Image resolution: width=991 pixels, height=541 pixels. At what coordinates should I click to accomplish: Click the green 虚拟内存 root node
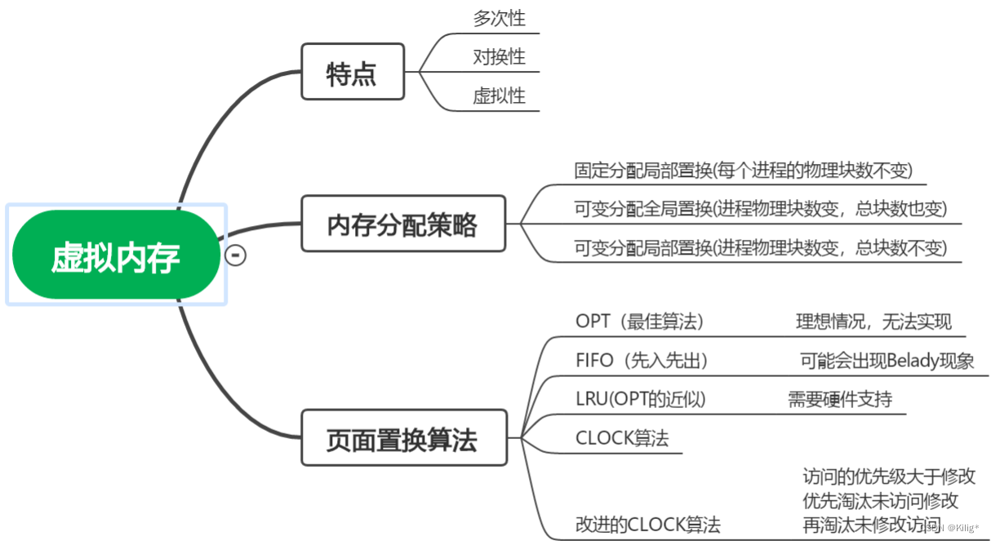[116, 255]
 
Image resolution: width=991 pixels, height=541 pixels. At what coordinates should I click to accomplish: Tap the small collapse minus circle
[235, 255]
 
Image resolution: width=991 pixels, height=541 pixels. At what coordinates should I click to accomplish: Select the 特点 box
[352, 73]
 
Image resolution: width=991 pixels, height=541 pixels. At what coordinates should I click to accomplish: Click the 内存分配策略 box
[402, 224]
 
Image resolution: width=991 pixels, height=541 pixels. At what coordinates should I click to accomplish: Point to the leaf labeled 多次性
[499, 18]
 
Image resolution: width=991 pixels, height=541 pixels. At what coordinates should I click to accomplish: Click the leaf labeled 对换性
[499, 57]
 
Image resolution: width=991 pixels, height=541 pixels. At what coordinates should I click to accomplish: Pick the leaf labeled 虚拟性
[499, 96]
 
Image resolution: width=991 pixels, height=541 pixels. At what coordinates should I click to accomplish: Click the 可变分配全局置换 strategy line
[760, 209]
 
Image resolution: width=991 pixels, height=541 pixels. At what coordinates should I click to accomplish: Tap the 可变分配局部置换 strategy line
[760, 248]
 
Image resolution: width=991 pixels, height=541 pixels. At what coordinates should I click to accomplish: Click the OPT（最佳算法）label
[639, 321]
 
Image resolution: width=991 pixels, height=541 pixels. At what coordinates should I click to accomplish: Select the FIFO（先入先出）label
[642, 361]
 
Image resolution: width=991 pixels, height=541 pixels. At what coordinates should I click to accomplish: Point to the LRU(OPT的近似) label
[640, 399]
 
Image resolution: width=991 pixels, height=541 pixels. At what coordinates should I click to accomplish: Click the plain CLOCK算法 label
[622, 438]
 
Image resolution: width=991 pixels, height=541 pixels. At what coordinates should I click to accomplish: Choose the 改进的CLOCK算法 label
[648, 525]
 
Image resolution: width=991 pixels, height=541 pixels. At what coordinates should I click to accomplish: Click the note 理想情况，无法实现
[873, 321]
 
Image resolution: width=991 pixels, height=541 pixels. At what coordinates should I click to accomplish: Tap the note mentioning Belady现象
[887, 361]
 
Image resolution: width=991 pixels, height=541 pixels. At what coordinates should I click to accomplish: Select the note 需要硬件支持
[839, 399]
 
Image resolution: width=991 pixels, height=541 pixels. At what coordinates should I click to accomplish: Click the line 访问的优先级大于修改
[889, 477]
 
